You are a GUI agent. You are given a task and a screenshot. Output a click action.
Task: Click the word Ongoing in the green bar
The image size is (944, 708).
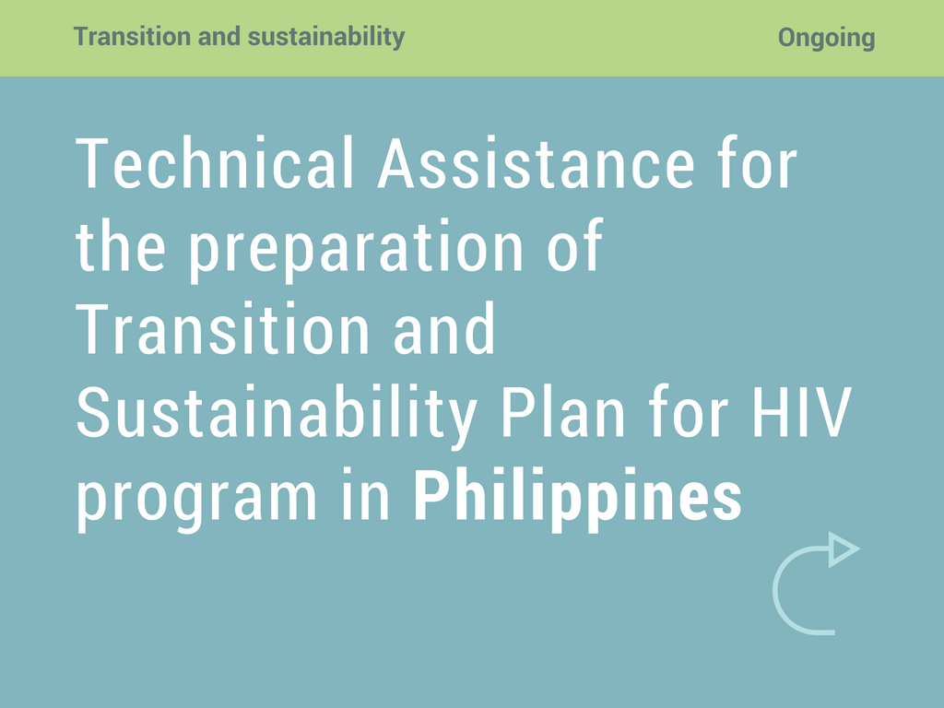click(826, 38)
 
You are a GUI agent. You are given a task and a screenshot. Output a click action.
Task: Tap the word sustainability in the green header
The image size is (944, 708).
click(326, 37)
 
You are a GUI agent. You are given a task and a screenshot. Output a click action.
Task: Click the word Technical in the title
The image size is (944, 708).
click(214, 163)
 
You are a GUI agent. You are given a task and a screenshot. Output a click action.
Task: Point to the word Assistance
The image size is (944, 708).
click(536, 163)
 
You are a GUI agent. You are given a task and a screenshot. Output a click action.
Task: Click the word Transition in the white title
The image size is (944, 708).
click(222, 329)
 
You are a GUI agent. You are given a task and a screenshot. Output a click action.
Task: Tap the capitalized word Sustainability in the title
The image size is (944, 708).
click(277, 416)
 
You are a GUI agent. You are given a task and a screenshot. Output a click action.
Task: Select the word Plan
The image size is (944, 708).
click(563, 412)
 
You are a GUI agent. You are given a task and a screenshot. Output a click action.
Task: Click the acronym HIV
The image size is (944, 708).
click(802, 412)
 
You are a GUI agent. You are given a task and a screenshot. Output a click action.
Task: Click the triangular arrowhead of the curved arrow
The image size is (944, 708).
click(843, 549)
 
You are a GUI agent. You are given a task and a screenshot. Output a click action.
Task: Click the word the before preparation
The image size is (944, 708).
click(121, 245)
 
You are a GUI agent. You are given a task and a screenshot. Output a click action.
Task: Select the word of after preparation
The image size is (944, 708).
click(574, 244)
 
